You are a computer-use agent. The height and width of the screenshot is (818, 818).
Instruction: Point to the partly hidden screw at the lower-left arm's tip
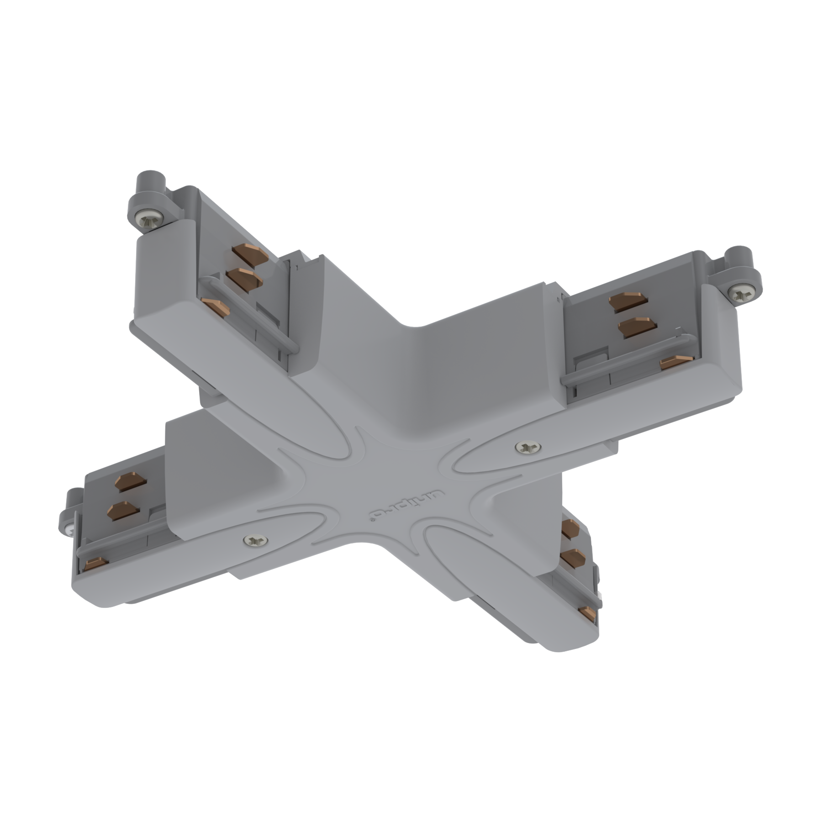(69, 531)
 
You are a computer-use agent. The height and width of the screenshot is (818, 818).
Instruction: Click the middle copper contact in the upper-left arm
(243, 278)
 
